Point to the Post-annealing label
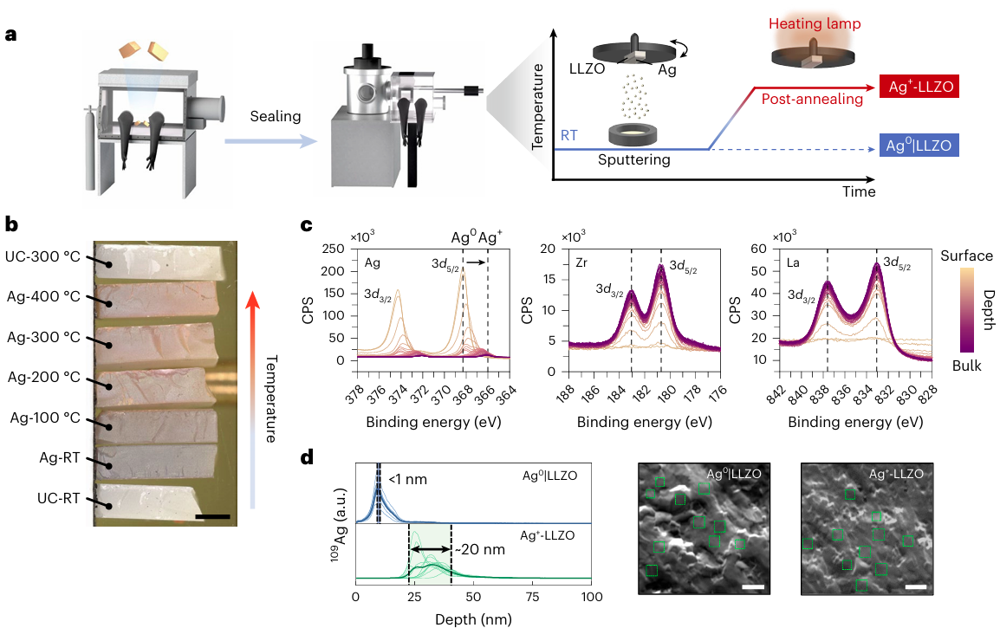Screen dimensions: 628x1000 [812, 100]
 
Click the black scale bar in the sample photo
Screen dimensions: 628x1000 [212, 516]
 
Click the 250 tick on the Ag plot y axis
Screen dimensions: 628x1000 [334, 250]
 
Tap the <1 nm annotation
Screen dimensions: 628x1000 [407, 479]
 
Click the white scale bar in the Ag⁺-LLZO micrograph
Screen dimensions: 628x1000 [916, 587]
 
